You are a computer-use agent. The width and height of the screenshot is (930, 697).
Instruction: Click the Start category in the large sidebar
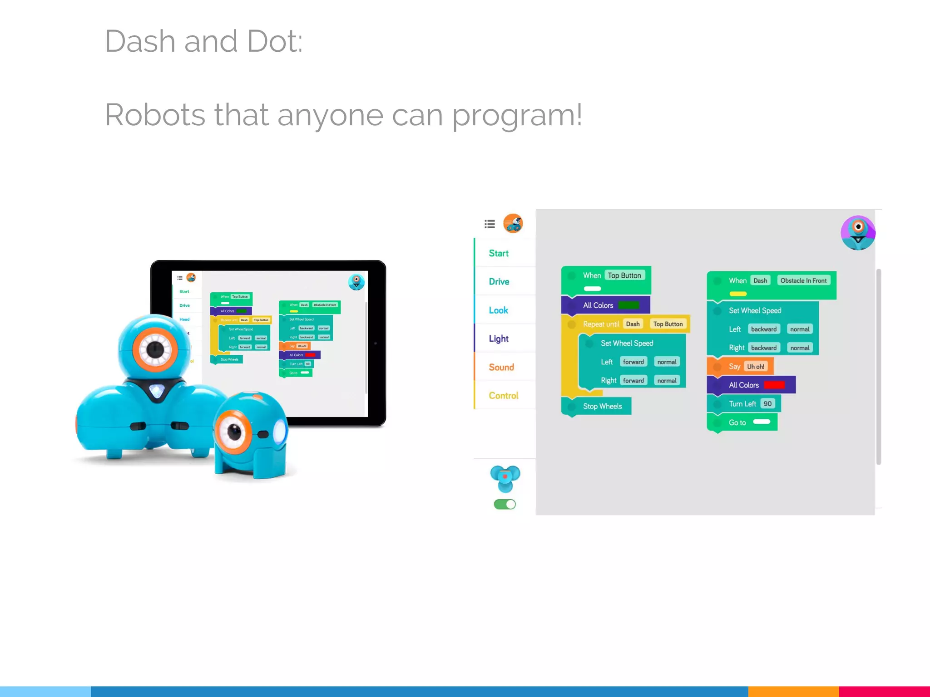pyautogui.click(x=498, y=253)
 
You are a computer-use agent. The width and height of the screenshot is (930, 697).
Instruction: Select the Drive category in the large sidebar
pyautogui.click(x=499, y=281)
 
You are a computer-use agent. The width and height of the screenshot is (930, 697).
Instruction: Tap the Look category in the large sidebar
pyautogui.click(x=498, y=310)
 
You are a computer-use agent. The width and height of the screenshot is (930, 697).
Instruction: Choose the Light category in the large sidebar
pyautogui.click(x=498, y=339)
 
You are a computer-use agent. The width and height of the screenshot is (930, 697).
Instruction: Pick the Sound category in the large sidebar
pyautogui.click(x=501, y=367)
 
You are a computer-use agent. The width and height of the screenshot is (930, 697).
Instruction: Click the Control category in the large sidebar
pyautogui.click(x=503, y=396)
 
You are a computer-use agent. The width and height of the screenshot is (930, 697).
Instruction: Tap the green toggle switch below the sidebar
pyautogui.click(x=505, y=504)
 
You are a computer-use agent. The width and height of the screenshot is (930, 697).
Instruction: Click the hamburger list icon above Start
pyautogui.click(x=490, y=224)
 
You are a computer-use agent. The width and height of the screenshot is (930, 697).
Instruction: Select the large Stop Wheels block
pyautogui.click(x=602, y=406)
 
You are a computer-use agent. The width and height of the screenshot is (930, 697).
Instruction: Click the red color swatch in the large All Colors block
pyautogui.click(x=774, y=385)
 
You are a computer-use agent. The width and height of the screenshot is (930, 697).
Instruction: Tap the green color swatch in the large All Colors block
pyautogui.click(x=628, y=305)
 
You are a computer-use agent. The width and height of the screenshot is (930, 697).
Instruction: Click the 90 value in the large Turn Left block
pyautogui.click(x=767, y=404)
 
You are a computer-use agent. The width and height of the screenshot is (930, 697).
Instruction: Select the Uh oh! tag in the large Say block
pyautogui.click(x=756, y=367)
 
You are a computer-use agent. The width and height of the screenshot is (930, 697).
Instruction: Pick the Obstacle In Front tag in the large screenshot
pyautogui.click(x=803, y=280)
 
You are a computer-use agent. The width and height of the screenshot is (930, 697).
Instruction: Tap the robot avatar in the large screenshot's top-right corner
pyautogui.click(x=857, y=232)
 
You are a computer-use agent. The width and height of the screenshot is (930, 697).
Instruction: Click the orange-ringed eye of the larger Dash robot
pyautogui.click(x=155, y=349)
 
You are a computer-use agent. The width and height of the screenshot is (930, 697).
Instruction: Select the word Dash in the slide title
pyautogui.click(x=140, y=41)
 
